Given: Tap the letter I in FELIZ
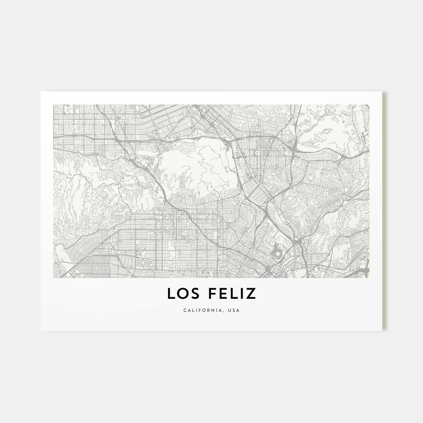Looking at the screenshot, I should click(x=246, y=294).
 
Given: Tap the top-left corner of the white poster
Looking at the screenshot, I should click(x=41, y=92).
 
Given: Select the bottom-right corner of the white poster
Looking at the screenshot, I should click(x=382, y=331).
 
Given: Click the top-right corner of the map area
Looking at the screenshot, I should click(x=369, y=105).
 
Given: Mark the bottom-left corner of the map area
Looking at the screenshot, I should click(x=53, y=278).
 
